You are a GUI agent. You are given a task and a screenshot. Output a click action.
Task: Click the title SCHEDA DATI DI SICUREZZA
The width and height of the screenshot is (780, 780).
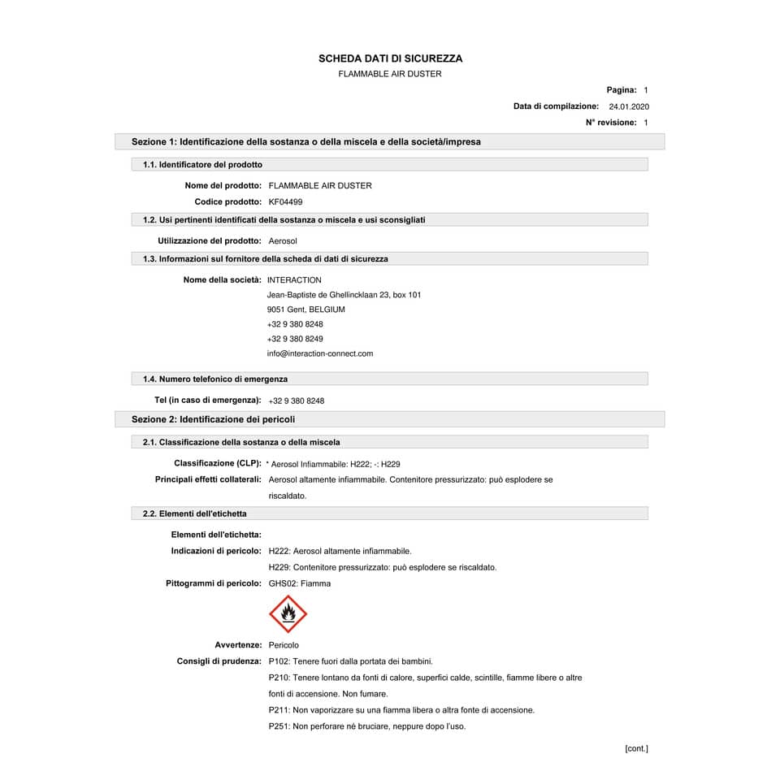pos(390,58)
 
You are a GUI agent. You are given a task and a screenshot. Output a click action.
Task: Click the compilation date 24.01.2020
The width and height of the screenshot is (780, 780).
pos(629,106)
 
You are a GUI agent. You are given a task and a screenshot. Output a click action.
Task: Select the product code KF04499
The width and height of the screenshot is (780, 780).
pos(285,201)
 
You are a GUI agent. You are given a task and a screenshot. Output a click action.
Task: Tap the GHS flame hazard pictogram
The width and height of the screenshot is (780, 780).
pos(288,614)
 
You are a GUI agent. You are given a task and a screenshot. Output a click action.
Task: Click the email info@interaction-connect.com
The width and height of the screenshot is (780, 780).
pos(320,353)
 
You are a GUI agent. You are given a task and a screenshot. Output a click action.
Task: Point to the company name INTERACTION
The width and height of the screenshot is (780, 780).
pos(294,280)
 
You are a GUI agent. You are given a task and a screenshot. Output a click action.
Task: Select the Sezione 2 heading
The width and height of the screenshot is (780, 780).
pos(214,419)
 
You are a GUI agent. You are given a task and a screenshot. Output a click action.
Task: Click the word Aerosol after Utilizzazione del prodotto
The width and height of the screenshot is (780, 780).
pos(283,241)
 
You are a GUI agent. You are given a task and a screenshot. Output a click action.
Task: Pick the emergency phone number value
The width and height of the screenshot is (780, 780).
pos(296,401)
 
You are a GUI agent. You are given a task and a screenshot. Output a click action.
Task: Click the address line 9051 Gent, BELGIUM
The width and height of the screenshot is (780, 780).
pos(305,310)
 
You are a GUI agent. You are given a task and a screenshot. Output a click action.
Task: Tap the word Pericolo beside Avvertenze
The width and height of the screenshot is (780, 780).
pos(284,645)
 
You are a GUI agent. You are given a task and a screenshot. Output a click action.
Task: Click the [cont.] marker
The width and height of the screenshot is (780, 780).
pos(636,748)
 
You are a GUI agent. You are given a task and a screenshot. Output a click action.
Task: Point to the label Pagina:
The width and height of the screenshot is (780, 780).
pos(622,90)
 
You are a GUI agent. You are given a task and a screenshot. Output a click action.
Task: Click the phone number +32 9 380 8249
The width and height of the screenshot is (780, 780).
pos(295,339)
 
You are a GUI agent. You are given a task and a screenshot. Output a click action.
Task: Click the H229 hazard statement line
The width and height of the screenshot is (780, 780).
pos(382,567)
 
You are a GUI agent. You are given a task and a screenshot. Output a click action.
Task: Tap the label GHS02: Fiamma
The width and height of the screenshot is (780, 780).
pos(299,583)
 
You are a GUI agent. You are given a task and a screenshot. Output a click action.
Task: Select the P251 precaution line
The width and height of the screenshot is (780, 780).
pos(366,726)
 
